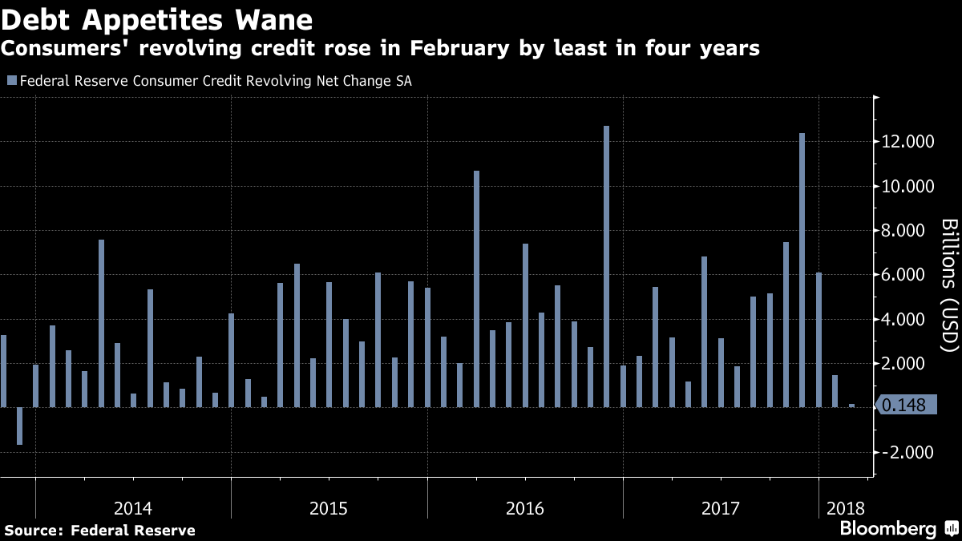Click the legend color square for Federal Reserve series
click(10, 80)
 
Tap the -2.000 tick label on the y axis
click(903, 452)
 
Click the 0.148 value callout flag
click(903, 406)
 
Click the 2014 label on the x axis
click(133, 508)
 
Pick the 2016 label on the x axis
click(525, 508)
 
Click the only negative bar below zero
click(20, 426)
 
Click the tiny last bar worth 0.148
click(851, 406)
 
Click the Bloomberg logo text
click(887, 529)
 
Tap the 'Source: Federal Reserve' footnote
click(99, 530)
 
